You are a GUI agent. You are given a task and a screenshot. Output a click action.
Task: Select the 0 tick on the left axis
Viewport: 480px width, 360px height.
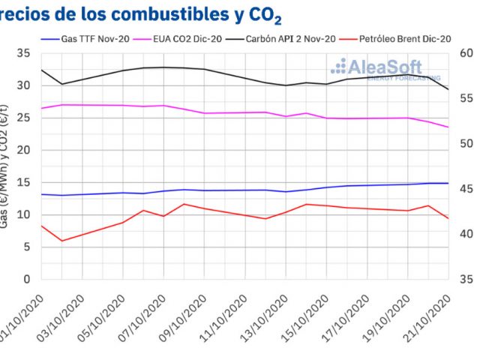click(x=27, y=279)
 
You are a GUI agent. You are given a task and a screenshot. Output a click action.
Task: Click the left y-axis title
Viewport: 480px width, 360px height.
click(x=5, y=172)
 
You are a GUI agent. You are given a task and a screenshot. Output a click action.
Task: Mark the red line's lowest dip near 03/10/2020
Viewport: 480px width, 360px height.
click(x=62, y=241)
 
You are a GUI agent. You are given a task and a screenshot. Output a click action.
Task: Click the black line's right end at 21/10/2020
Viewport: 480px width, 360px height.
click(x=448, y=89)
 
